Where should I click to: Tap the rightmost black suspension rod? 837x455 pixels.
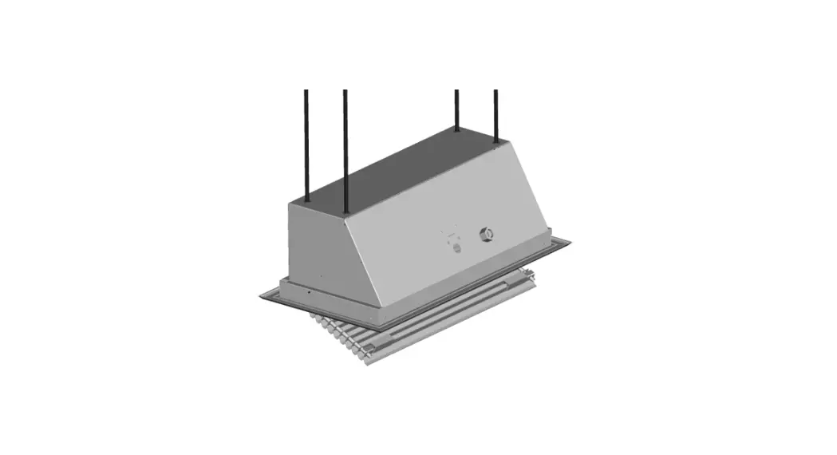(x=495, y=112)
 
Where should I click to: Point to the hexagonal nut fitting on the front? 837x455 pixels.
(x=484, y=235)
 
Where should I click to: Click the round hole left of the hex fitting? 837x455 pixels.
(x=458, y=248)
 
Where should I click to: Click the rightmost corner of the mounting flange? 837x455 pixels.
(x=571, y=240)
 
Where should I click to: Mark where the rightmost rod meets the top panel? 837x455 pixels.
(x=496, y=144)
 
